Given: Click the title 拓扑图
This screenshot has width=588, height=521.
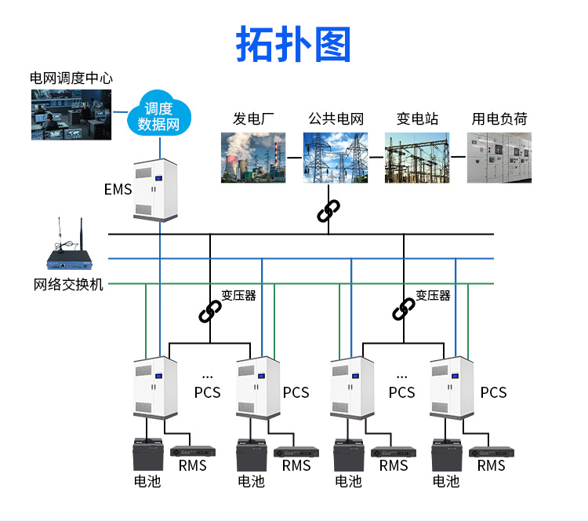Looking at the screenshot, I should [293, 45].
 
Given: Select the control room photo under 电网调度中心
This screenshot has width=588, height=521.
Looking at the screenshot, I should [71, 114].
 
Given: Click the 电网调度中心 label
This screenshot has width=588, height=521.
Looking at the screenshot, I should [71, 78].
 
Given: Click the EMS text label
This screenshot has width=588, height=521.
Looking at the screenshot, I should [118, 190].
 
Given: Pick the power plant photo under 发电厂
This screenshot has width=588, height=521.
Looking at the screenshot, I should [252, 157].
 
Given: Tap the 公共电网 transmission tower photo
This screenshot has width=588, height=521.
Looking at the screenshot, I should [336, 157].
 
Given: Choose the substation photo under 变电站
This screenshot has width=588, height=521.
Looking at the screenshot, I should [417, 157].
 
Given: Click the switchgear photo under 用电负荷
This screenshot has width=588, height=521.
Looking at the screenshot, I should [499, 157].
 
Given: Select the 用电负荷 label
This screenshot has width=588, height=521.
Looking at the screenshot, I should [499, 119].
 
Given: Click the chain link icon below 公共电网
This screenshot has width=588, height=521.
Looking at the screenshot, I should [328, 211].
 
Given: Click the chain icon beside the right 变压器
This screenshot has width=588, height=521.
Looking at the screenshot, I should [404, 309].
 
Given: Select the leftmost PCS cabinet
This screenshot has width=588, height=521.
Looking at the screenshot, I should [155, 387].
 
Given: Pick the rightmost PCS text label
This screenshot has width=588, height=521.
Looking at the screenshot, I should [493, 392].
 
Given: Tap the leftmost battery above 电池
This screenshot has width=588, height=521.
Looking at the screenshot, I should [147, 456].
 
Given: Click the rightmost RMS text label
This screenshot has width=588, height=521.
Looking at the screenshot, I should [491, 466].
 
